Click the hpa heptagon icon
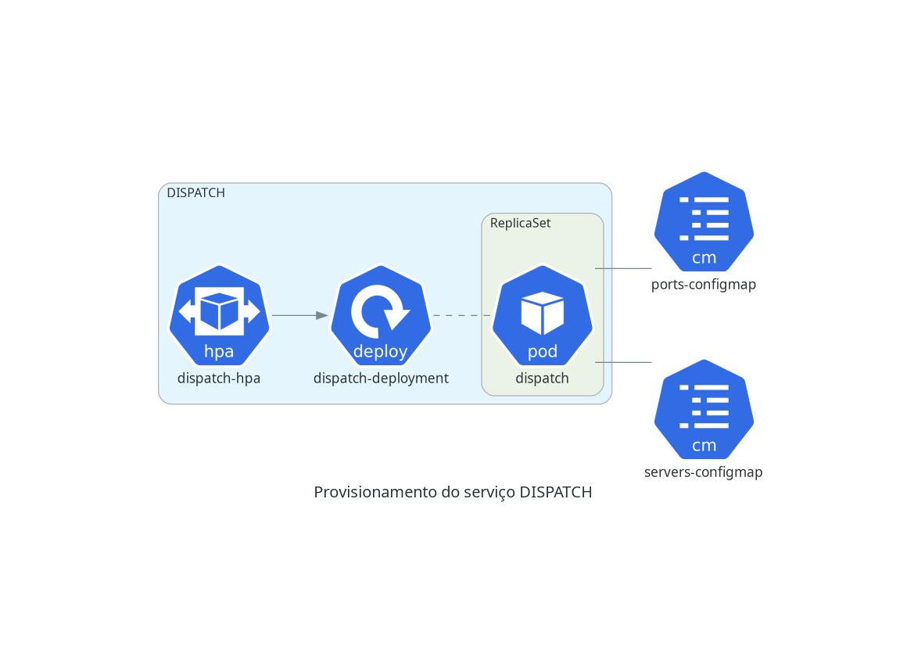coord(219,316)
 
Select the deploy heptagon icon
coord(381,316)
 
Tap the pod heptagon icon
coord(543,316)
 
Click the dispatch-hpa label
coord(219,379)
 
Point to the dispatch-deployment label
coord(381,379)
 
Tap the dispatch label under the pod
coord(542,379)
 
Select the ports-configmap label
coord(704,285)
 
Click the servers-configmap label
coord(704,472)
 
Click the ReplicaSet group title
coord(520,224)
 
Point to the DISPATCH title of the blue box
coord(195,193)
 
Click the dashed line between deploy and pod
coord(461,315)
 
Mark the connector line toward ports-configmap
coord(624,268)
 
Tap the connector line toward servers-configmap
coord(624,362)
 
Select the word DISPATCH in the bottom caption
coord(556,493)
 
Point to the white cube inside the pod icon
coord(543,312)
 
